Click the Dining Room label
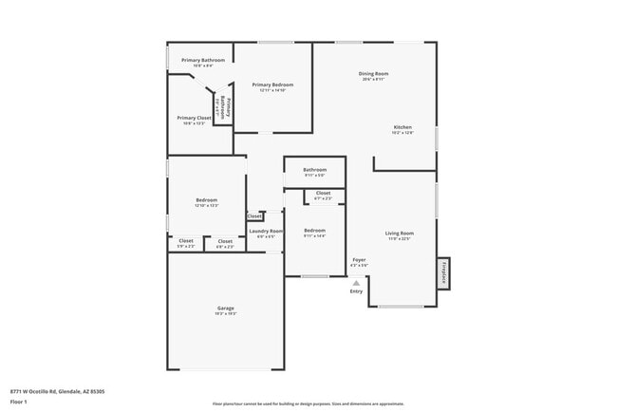[x=373, y=74]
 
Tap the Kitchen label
[x=402, y=127]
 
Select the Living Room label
[x=399, y=233]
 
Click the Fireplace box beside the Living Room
[x=442, y=272]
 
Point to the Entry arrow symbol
[x=356, y=282]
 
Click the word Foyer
[x=359, y=259]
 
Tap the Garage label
[x=225, y=308]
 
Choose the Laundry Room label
[x=266, y=231]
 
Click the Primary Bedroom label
[x=272, y=84]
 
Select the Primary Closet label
[x=194, y=118]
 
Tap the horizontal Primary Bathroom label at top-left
[x=203, y=60]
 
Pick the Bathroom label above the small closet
[x=314, y=170]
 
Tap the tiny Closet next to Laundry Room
[x=254, y=216]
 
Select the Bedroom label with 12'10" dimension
[x=206, y=199]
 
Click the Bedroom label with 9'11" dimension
[x=314, y=230]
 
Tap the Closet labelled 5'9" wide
[x=186, y=241]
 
